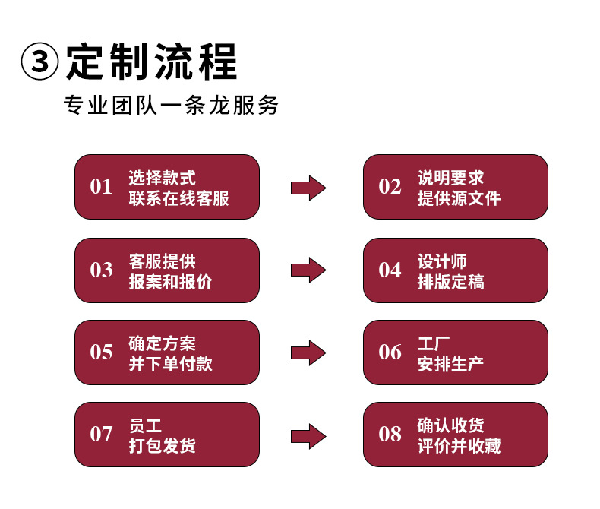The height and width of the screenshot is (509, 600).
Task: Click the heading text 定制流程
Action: tap(151, 62)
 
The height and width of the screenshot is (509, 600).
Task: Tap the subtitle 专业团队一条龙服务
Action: tap(171, 106)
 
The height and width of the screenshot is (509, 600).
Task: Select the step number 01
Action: tap(101, 187)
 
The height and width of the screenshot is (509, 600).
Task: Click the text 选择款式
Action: tap(162, 178)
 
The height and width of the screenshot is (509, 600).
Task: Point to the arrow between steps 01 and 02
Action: tap(308, 188)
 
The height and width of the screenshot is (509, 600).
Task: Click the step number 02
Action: tap(390, 187)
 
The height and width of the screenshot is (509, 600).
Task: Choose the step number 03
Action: tap(101, 270)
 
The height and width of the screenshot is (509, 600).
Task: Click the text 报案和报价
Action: tap(170, 282)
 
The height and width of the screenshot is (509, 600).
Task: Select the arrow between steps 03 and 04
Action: tap(308, 270)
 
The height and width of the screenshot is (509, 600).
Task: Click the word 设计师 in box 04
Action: tap(442, 261)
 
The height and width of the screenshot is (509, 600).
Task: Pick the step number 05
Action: tap(101, 353)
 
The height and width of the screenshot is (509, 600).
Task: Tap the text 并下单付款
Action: tap(170, 364)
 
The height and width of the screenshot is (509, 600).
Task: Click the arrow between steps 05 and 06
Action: tap(308, 352)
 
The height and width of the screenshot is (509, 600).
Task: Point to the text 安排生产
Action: tap(450, 364)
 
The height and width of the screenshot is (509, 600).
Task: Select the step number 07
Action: tap(101, 435)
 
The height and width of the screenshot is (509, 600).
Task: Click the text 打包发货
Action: tap(162, 446)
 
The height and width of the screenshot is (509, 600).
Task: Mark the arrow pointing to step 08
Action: tap(308, 435)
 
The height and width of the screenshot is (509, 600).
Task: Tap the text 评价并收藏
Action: tap(459, 446)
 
